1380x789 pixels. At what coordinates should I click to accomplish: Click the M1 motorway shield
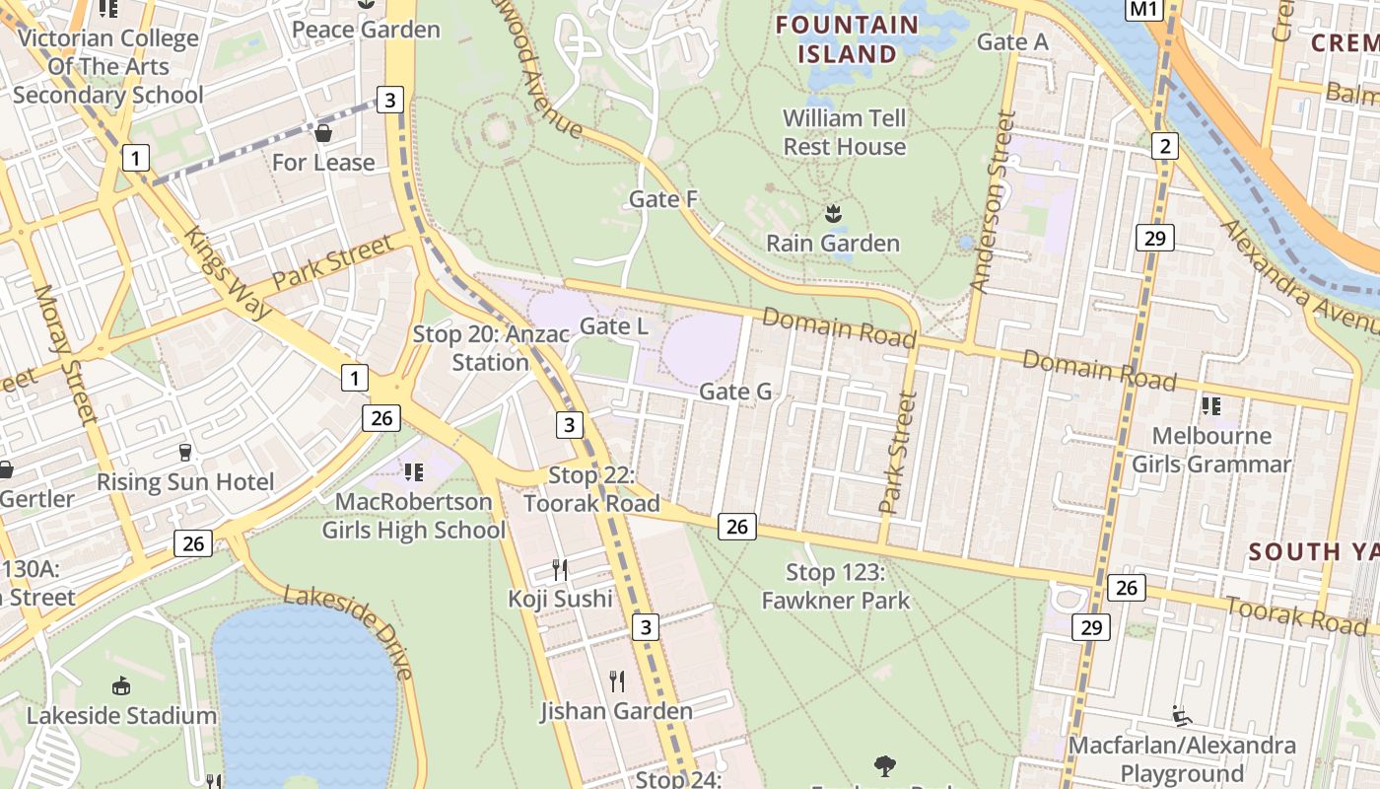pyautogui.click(x=1142, y=9)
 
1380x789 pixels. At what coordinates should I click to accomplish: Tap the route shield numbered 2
pyautogui.click(x=1165, y=147)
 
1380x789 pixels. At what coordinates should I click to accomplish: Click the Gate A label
pyautogui.click(x=1012, y=41)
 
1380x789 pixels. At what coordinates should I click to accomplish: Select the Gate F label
pyautogui.click(x=663, y=199)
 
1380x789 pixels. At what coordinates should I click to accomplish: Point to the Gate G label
pyautogui.click(x=735, y=392)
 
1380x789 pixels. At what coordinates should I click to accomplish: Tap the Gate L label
pyautogui.click(x=614, y=325)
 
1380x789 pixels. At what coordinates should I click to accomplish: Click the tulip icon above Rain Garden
pyautogui.click(x=833, y=213)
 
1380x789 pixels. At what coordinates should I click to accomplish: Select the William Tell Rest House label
pyautogui.click(x=844, y=132)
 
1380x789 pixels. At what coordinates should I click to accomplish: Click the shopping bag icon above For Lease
pyautogui.click(x=322, y=132)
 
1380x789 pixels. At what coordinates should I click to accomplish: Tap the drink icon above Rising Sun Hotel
pyautogui.click(x=184, y=453)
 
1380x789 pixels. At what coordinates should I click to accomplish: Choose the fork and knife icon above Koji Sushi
pyautogui.click(x=560, y=569)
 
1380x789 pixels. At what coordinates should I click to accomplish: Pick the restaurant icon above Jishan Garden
pyautogui.click(x=617, y=681)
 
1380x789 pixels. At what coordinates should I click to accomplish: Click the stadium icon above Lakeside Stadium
pyautogui.click(x=121, y=685)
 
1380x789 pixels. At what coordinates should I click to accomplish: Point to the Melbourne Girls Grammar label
pyautogui.click(x=1210, y=450)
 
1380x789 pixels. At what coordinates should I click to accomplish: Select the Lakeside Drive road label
pyautogui.click(x=350, y=631)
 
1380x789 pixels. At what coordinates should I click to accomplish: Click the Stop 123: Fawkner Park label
pyautogui.click(x=836, y=586)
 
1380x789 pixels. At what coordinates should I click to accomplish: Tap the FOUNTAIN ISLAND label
pyautogui.click(x=848, y=38)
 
